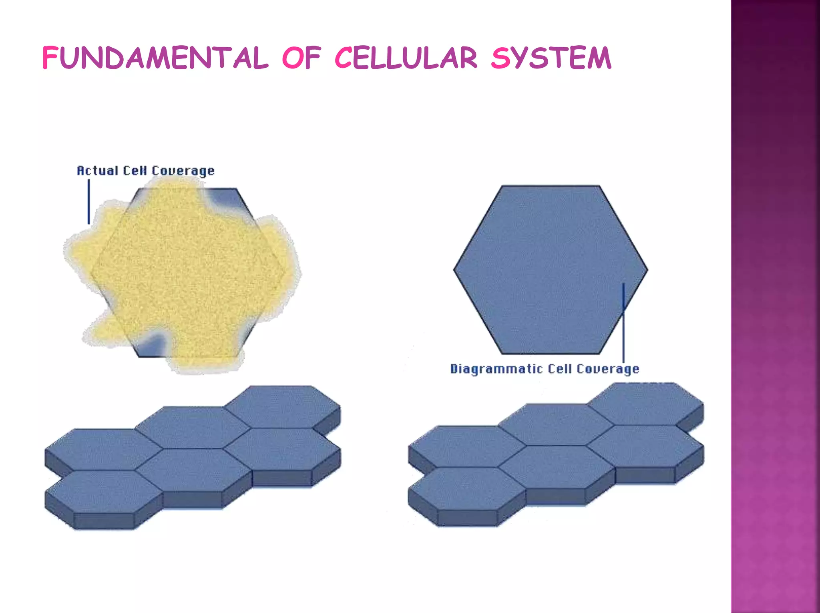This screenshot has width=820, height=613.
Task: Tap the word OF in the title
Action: click(301, 58)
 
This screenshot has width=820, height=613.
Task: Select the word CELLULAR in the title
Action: click(406, 58)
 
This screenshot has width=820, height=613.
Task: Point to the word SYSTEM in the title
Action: click(551, 58)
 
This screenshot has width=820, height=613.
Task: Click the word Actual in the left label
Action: click(97, 171)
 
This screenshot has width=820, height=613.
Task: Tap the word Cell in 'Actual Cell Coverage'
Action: click(135, 171)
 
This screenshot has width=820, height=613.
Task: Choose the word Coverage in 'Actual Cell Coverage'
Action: click(183, 171)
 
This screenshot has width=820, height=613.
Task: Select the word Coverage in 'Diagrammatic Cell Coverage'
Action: click(608, 369)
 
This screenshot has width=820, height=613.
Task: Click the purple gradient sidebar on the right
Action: click(775, 306)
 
